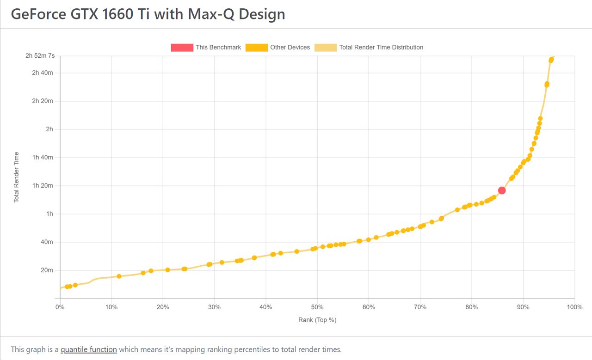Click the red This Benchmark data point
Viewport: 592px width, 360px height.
tap(502, 190)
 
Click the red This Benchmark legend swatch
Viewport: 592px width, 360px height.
tap(182, 47)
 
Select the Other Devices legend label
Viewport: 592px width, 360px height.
tap(290, 47)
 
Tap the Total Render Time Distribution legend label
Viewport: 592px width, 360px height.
tap(381, 47)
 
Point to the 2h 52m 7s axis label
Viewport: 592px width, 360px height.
tap(40, 56)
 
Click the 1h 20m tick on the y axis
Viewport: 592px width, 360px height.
tap(43, 186)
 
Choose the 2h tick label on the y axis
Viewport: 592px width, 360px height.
tap(49, 129)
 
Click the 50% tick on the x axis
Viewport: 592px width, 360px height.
tap(317, 307)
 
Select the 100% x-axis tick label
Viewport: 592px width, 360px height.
tap(574, 307)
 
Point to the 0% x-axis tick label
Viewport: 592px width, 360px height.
tap(60, 307)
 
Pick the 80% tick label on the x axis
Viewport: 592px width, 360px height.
tap(471, 307)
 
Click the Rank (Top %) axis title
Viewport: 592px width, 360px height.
tap(317, 320)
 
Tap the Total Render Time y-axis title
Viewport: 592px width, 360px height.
tap(17, 177)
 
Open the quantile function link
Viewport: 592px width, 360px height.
tap(88, 349)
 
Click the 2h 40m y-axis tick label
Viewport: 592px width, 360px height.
tap(43, 73)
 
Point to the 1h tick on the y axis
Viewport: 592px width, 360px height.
tap(49, 214)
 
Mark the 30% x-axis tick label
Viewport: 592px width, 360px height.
tap(214, 307)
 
